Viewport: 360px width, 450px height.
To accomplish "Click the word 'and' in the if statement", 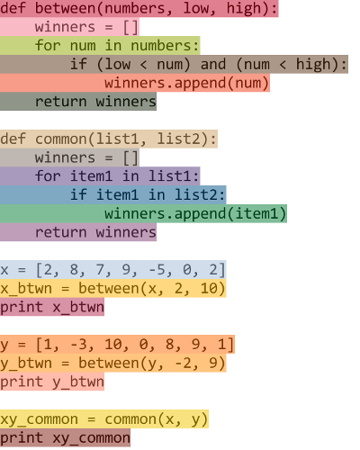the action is pos(213,65).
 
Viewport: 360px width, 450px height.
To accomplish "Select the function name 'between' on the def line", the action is pos(65,8).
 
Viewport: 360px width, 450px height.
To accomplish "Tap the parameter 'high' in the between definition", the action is pos(244,9).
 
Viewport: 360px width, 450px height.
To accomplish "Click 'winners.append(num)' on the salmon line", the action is pos(186,84).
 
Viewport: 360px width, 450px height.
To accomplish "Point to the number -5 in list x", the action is pos(157,270).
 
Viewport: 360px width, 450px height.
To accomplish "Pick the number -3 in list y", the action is pos(78,345).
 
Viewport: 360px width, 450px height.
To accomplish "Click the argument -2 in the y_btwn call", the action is pos(183,363).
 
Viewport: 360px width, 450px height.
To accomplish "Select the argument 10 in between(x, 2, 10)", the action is pos(209,288).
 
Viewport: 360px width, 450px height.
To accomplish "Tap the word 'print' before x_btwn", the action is pos(22,308).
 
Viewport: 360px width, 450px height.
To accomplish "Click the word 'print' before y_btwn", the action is pos(22,382).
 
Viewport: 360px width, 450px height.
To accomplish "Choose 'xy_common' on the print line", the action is pos(91,438).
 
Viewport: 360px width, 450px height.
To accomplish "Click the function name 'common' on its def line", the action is pos(60,139).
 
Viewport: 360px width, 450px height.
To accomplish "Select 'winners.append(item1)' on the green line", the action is pos(195,214).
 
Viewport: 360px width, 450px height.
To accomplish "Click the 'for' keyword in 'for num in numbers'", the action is pos(48,46).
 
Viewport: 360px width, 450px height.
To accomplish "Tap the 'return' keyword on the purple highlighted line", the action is pos(60,233).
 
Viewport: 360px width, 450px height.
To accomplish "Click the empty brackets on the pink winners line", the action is pos(130,28).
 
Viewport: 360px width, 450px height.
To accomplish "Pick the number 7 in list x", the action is pos(100,270).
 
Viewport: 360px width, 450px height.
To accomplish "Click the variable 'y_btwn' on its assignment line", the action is pos(26,364).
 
